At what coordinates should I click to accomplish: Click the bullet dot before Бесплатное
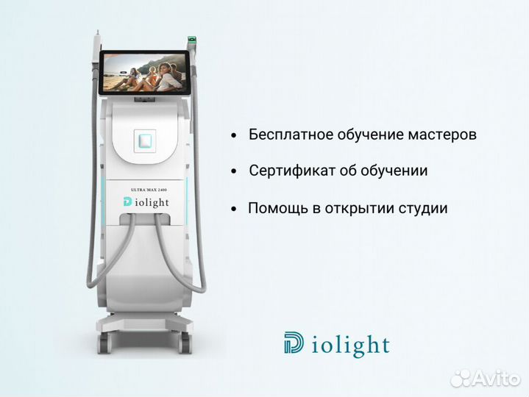[x=233, y=137]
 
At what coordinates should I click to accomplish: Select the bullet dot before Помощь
[x=233, y=210]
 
